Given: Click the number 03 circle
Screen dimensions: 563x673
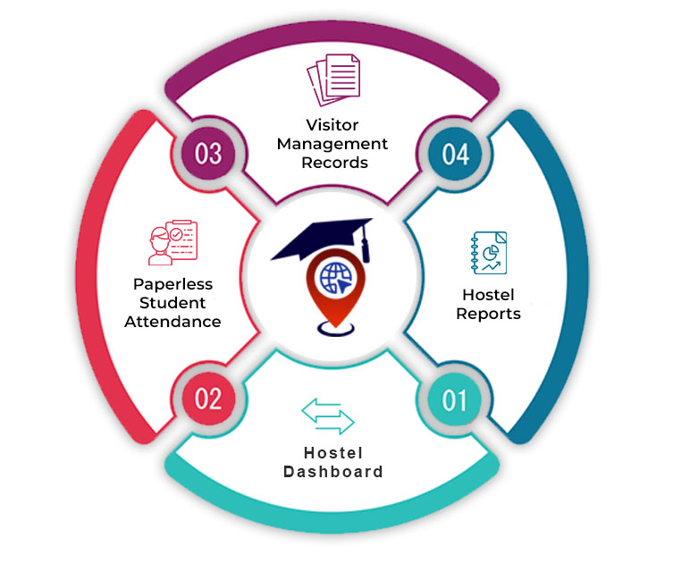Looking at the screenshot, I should point(208,154).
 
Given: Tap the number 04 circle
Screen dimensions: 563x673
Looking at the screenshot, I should point(455,154).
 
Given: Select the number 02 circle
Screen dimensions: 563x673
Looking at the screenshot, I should point(208,398).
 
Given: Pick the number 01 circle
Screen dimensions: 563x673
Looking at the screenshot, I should point(455,399).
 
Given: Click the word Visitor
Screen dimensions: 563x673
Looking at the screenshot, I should point(332,125).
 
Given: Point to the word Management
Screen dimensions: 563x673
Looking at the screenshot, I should point(332,144).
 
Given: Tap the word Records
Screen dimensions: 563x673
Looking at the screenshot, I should point(332,163).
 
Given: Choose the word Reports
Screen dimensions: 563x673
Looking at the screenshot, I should point(488,314).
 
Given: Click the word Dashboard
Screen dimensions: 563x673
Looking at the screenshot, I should point(333,471).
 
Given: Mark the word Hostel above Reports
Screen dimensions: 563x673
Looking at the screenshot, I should point(488,295).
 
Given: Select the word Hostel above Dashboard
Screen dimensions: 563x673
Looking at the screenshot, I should point(333,452).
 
